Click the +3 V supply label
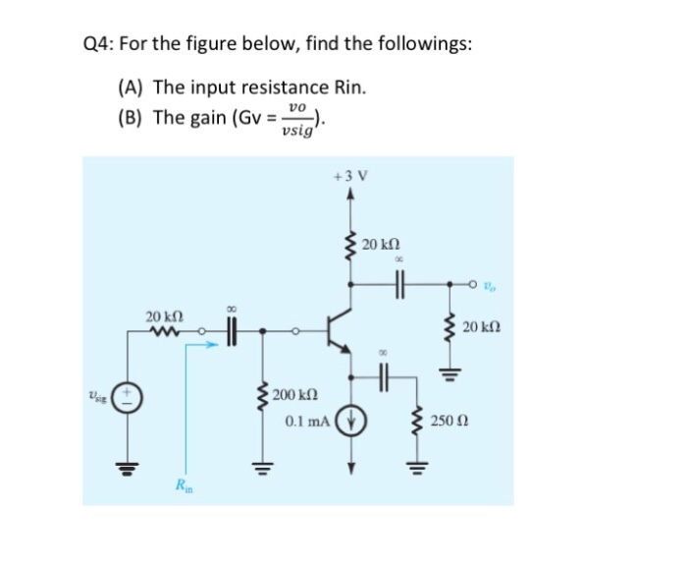tap(349, 177)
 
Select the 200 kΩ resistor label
tap(293, 395)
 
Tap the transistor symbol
tap(339, 331)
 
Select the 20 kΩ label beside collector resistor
tap(381, 244)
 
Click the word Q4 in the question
tap(94, 46)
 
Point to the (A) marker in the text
tap(132, 86)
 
